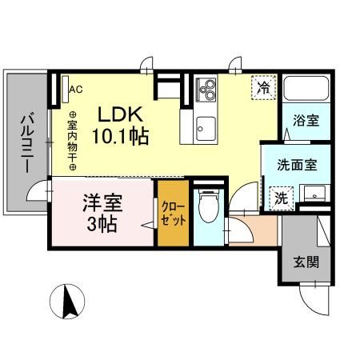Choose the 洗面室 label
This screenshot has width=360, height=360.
(297, 166)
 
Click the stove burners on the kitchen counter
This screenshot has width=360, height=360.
(206, 88)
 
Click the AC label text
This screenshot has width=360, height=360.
(76, 90)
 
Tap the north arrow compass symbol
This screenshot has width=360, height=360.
(68, 302)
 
